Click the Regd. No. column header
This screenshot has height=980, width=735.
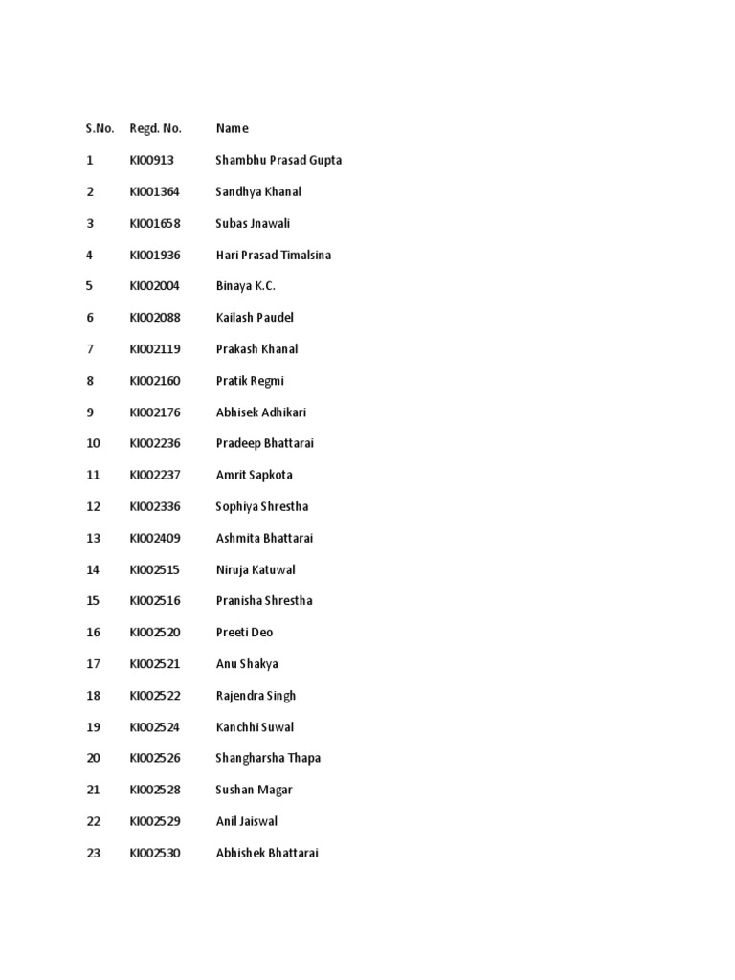tap(155, 128)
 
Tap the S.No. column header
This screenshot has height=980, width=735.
tap(100, 128)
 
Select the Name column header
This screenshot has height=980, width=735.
tap(232, 128)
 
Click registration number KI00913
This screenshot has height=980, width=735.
tap(152, 160)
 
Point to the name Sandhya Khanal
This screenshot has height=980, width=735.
tap(258, 191)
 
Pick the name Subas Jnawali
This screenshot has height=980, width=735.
tap(253, 223)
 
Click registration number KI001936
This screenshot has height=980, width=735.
tap(155, 255)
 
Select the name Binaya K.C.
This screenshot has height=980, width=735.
tap(245, 286)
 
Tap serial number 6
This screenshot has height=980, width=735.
tap(90, 318)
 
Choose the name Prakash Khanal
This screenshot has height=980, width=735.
tap(256, 349)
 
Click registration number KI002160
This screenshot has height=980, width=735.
tap(155, 381)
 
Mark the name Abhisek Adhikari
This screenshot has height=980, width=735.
tap(261, 412)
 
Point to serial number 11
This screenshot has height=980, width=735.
tap(93, 475)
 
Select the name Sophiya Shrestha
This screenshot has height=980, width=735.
tap(262, 506)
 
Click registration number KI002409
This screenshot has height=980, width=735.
tap(155, 538)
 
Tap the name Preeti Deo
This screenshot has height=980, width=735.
tap(244, 632)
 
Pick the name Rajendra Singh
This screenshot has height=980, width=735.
tap(256, 696)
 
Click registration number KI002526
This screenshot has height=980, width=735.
tap(155, 758)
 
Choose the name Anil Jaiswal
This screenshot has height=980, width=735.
tap(247, 821)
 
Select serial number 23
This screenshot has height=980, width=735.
tap(93, 853)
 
